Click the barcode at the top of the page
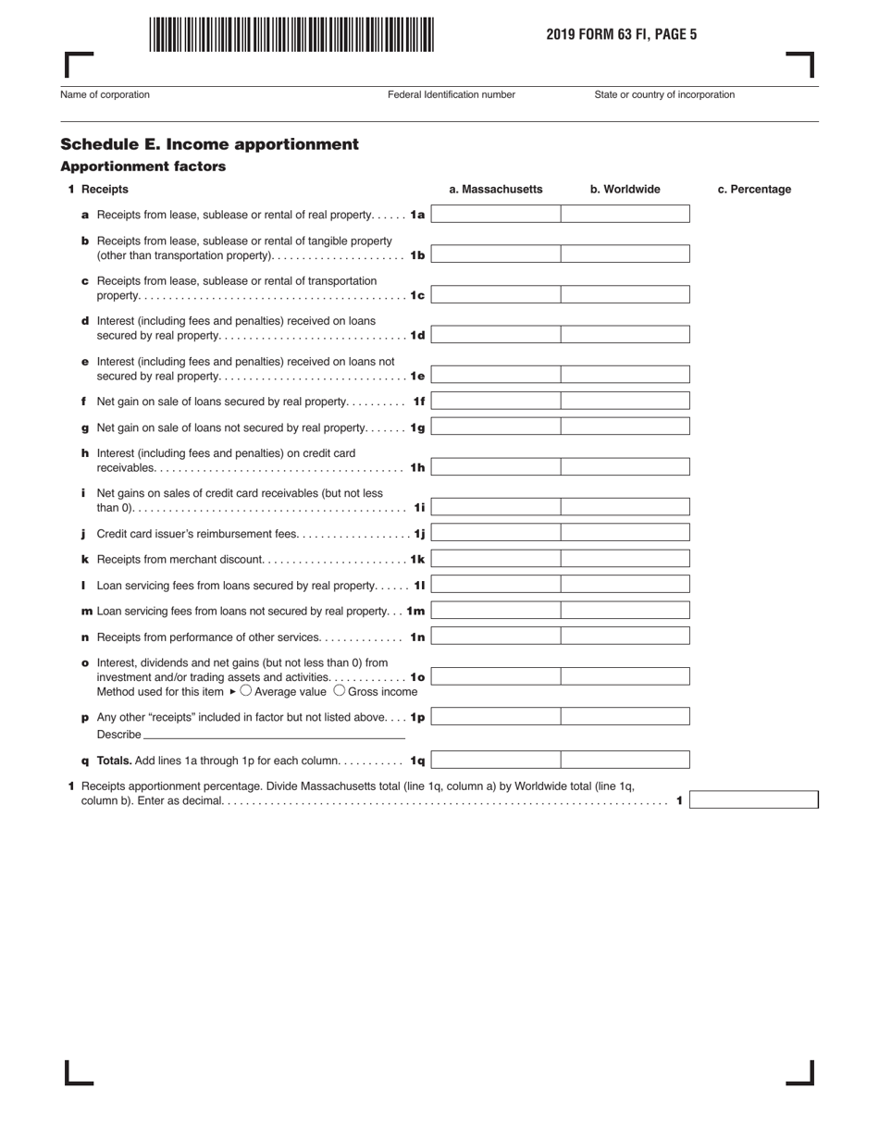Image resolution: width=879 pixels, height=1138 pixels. [290, 34]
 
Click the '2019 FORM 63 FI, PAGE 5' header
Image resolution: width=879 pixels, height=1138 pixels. [621, 35]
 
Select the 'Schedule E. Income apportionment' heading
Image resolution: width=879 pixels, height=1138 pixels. [209, 144]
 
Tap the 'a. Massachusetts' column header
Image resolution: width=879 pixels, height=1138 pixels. [496, 190]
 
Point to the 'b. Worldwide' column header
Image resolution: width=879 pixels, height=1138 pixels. [625, 190]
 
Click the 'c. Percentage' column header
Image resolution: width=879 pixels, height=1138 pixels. [754, 190]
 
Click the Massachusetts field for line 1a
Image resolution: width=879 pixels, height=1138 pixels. [496, 215]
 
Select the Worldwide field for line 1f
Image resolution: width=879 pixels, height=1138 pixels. [625, 402]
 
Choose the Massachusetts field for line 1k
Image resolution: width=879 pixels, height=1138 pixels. [496, 560]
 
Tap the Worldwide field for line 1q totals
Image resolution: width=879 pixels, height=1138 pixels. [625, 761]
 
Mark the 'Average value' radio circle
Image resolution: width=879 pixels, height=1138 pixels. [246, 690]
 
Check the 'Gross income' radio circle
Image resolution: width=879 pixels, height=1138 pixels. [339, 690]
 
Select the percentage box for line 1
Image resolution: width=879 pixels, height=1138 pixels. [753, 800]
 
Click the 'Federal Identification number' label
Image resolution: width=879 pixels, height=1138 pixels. [452, 94]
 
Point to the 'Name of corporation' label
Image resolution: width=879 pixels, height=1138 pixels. [105, 94]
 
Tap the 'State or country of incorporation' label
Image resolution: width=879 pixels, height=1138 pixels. [664, 94]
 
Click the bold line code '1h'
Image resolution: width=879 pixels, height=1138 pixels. [417, 468]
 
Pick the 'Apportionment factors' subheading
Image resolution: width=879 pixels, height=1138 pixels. [142, 167]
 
